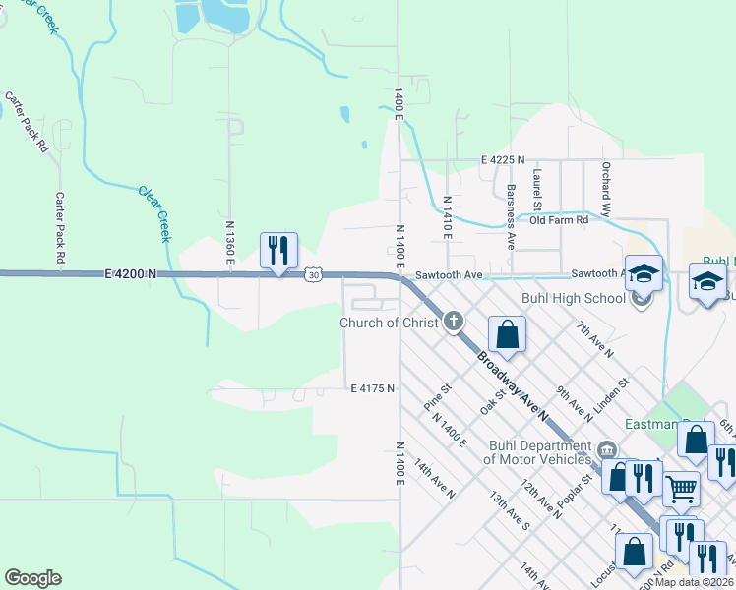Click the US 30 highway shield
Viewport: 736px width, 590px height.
[x=312, y=276]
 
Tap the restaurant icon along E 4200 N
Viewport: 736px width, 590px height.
[x=278, y=251]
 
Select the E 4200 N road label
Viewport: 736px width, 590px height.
[x=130, y=276]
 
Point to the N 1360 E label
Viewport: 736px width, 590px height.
[x=230, y=240]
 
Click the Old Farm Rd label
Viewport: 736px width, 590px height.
[x=558, y=220]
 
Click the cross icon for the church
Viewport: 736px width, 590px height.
[x=454, y=320]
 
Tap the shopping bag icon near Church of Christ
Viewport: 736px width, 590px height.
[x=507, y=334]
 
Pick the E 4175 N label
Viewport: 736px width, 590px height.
[x=373, y=388]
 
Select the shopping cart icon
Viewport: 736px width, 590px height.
[x=680, y=488]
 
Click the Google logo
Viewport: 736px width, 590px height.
[x=32, y=578]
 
